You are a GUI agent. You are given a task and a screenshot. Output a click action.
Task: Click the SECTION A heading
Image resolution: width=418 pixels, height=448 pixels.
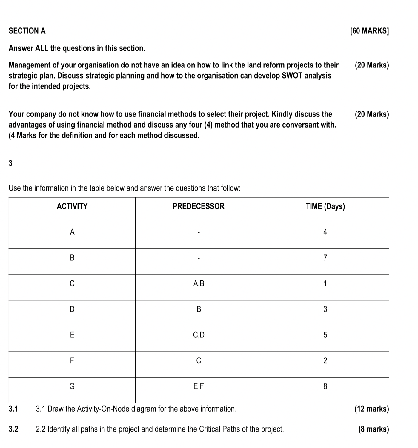pos(27,31)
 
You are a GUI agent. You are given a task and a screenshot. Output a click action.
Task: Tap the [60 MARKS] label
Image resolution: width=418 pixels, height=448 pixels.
pos(369,31)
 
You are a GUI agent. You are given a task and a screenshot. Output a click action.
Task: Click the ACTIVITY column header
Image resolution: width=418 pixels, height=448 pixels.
pos(72,206)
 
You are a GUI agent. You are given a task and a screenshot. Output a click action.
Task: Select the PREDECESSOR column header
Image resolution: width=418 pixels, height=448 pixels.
pos(199,206)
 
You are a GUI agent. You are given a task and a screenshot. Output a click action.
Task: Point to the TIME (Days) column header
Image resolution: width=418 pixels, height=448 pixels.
pos(325,206)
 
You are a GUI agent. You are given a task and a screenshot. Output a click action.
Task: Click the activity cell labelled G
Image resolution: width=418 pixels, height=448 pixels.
pos(72,386)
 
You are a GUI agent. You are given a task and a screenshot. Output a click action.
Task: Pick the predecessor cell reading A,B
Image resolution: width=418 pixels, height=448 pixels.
pos(199,283)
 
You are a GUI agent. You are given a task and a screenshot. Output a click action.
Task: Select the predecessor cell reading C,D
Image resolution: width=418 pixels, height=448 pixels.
pos(199,335)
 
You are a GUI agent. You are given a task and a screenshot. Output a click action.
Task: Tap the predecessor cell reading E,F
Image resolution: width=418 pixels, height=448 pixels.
pos(199,386)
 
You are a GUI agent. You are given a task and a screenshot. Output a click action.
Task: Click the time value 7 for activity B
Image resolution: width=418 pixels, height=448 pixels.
pos(325,258)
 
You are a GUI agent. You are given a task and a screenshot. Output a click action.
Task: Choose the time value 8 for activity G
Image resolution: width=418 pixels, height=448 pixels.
pos(325,386)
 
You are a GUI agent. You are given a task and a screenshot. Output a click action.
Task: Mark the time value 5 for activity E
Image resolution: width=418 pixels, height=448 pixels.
pos(325,335)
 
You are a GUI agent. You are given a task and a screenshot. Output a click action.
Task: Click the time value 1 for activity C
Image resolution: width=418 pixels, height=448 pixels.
pos(325,283)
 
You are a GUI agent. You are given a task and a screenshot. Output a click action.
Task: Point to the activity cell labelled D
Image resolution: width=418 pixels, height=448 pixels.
pos(72,309)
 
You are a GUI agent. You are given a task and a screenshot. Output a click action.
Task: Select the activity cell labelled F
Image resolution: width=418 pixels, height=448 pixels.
pos(72,361)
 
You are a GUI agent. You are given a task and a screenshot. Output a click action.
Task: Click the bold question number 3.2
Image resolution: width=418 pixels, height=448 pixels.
pos(13,429)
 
